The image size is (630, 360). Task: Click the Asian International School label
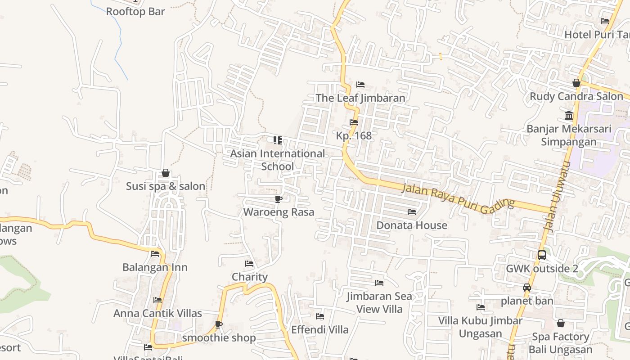coord(277,160)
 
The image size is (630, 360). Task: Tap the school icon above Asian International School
coord(278,140)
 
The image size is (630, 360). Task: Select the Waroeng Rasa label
coord(279,212)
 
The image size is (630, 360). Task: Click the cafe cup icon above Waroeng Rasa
coord(278,199)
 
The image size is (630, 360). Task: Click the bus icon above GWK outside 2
coord(542,255)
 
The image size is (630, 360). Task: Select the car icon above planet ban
coord(527,288)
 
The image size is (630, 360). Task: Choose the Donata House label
coord(412,225)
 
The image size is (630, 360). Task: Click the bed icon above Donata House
coord(412,211)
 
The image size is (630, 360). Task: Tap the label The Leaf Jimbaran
coord(360,98)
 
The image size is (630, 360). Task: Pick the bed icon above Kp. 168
coord(354,122)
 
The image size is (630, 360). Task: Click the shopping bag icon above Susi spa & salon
coord(166,173)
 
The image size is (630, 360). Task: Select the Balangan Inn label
coord(155,267)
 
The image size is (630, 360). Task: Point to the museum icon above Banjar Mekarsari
coord(569,115)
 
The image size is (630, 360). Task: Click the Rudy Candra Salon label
coord(576,96)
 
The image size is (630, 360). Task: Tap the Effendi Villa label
coord(319,330)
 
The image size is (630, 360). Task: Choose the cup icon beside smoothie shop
coord(219,324)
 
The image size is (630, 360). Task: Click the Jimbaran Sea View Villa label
coord(379,302)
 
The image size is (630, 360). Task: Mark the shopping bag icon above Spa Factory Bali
coord(561,323)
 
